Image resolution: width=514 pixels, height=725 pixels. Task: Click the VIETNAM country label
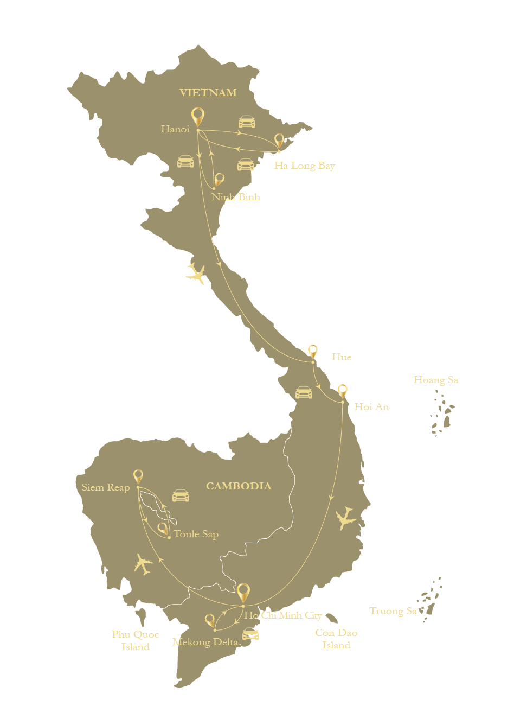tap(208, 93)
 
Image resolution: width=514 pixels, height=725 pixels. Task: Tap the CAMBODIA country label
tap(239, 486)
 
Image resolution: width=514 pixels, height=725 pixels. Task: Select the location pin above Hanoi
tap(198, 116)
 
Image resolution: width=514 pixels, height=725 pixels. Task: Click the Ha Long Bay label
tap(304, 166)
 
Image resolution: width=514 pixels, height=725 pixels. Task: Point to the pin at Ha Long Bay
tap(279, 141)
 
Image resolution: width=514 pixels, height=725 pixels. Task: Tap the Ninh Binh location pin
tap(219, 180)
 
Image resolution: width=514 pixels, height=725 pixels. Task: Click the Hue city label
tap(342, 357)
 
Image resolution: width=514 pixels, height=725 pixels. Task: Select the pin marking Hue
tap(312, 351)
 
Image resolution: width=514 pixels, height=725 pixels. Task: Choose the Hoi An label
tap(371, 407)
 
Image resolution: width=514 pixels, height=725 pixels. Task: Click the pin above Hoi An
tap(343, 391)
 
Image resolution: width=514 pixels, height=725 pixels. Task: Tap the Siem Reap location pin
tap(138, 476)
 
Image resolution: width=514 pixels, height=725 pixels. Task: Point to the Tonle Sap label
tap(196, 534)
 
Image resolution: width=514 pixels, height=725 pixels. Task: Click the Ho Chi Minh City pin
tap(243, 592)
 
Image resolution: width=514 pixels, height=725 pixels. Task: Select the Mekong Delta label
tap(205, 643)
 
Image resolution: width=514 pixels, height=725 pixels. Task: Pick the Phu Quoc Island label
tap(136, 640)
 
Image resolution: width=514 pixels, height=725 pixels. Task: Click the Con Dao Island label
tap(336, 639)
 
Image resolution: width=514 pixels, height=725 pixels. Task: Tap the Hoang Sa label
tap(436, 380)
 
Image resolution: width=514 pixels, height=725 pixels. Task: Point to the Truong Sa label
tap(393, 612)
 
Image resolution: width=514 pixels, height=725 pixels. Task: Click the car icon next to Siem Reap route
tap(181, 495)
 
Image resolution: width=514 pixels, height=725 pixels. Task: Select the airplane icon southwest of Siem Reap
tap(144, 564)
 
